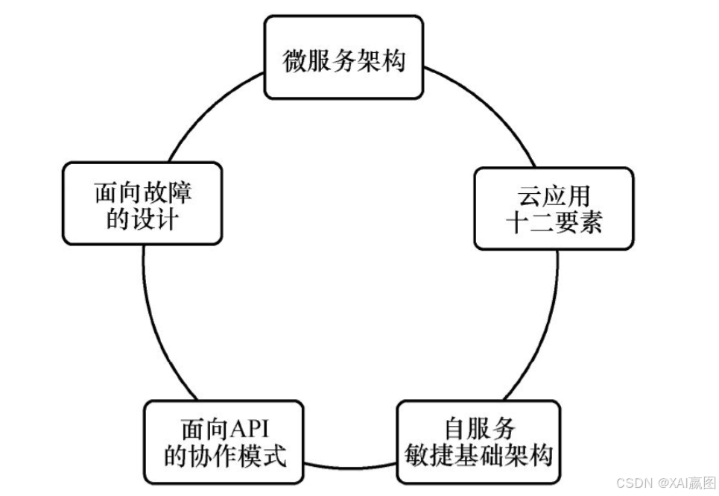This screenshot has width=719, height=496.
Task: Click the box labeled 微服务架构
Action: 343,59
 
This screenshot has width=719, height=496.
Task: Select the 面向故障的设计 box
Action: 142,203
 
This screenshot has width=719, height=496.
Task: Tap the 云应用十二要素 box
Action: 554,208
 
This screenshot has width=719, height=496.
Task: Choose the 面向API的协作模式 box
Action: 224,442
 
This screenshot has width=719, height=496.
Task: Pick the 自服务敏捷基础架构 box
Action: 478,442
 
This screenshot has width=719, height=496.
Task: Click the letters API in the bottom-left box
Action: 252,430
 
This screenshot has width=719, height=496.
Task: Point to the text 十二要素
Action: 554,222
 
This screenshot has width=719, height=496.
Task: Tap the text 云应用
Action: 554,195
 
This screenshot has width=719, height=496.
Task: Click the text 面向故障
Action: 142,192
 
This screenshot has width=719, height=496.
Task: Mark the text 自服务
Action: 479,429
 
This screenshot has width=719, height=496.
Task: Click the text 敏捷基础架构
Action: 478,454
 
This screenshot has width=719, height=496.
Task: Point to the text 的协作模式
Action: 224,455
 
